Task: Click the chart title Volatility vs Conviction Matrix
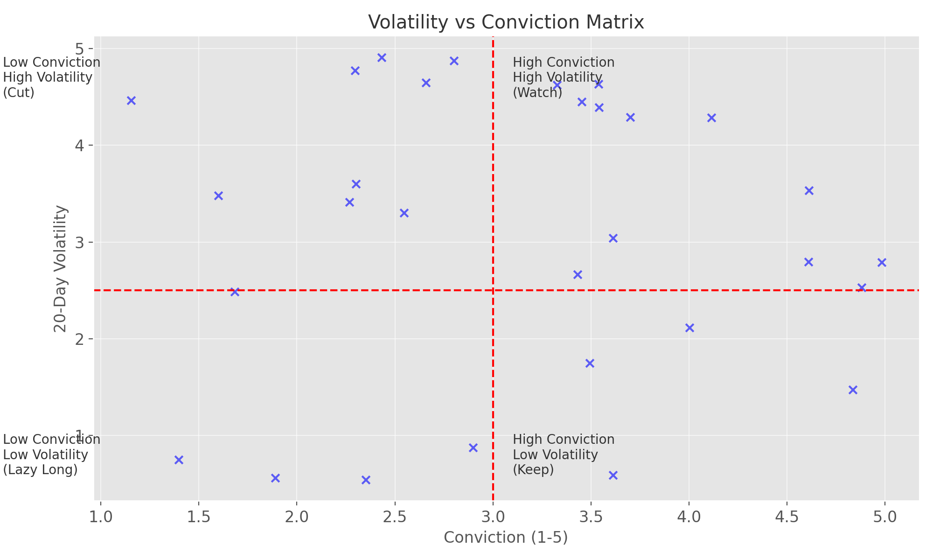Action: tap(506, 22)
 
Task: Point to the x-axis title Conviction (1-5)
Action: tap(506, 538)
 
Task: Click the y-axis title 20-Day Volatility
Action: tap(61, 268)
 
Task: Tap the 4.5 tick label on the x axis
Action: tap(787, 517)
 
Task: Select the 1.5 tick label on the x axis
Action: tap(199, 517)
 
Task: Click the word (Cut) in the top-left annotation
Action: tap(19, 92)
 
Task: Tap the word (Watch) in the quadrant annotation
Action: tap(537, 92)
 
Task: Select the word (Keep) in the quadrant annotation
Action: tap(533, 469)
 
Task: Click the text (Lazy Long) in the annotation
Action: tap(40, 469)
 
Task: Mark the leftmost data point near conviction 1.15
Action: tap(131, 100)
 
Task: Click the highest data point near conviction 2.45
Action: tap(382, 58)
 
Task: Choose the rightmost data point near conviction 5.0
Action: tap(882, 262)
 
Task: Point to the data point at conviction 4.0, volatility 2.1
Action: tap(689, 328)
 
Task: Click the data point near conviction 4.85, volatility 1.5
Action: tap(853, 390)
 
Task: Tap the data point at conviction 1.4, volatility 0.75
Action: tap(179, 460)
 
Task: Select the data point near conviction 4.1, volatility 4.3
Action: tap(711, 118)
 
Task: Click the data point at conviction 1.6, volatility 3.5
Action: tap(218, 196)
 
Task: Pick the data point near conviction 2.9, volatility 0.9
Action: tap(473, 448)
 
